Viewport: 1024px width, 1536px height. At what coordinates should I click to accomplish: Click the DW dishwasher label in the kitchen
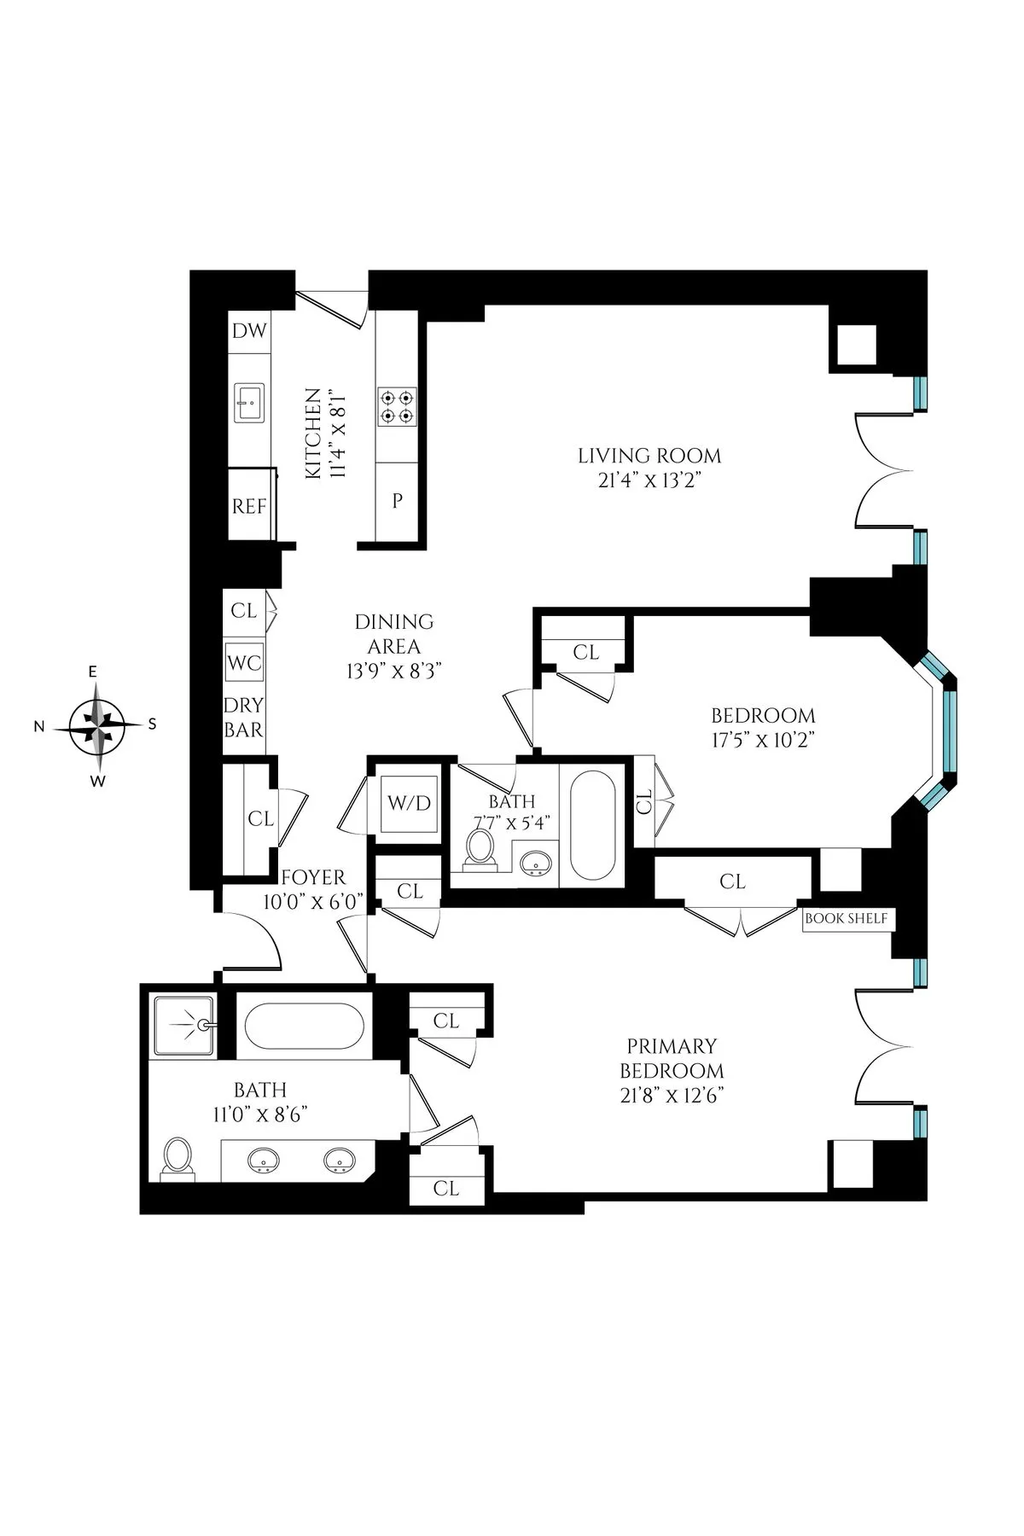[x=250, y=331]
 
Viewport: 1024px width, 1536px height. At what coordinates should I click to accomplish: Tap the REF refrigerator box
[x=249, y=505]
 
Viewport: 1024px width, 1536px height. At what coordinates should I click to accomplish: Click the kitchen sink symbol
[x=250, y=402]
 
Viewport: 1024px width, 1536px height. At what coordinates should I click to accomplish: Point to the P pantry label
[x=397, y=502]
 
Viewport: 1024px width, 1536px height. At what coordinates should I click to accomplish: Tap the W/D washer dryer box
[x=410, y=803]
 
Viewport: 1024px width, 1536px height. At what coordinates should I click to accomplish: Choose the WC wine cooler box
[x=244, y=663]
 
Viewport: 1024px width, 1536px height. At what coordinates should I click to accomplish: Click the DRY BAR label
[x=243, y=718]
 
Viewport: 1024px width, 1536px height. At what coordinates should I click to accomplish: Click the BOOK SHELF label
[x=847, y=919]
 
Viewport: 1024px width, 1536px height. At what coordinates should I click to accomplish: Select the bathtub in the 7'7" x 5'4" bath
[x=592, y=825]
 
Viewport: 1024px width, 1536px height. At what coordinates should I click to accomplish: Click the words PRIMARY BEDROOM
[x=672, y=1058]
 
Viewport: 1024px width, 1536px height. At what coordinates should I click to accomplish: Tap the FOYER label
[x=313, y=877]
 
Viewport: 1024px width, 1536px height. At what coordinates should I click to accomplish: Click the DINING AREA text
[x=393, y=634]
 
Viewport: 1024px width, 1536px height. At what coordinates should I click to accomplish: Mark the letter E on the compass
[x=93, y=672]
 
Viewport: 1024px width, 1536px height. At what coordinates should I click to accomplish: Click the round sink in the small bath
[x=535, y=863]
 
